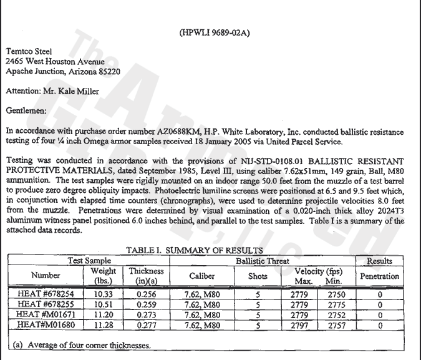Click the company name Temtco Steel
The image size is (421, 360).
pyautogui.click(x=29, y=51)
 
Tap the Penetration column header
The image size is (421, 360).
pyautogui.click(x=379, y=276)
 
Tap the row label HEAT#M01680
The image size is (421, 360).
pyautogui.click(x=39, y=325)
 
